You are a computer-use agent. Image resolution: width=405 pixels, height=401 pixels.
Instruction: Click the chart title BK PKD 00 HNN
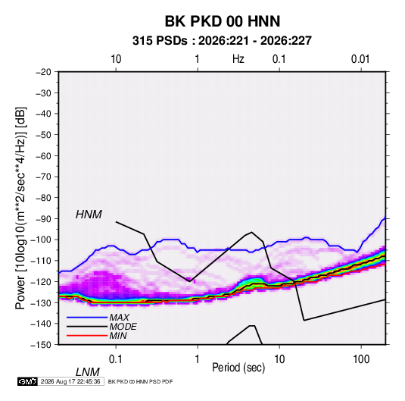223,21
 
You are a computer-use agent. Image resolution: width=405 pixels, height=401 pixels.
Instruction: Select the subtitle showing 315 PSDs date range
222,41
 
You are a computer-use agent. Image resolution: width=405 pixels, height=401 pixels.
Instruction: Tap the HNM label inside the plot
89,215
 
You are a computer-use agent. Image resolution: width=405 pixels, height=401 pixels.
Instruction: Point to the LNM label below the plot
88,372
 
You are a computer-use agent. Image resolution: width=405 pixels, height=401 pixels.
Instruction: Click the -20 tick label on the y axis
43,72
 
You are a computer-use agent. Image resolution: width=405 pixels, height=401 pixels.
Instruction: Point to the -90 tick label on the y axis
43,219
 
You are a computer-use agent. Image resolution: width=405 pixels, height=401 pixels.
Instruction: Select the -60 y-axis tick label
43,155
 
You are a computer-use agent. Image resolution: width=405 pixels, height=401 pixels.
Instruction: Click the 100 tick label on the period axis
361,359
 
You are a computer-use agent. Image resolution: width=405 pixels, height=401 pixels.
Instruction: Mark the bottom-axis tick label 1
198,359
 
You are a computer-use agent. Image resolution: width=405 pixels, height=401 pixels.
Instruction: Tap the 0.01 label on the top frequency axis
360,59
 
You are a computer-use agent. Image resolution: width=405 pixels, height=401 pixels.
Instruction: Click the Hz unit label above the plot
238,59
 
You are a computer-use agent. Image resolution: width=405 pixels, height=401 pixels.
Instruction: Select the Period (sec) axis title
238,368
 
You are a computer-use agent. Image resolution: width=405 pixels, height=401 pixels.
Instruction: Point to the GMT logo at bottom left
27,381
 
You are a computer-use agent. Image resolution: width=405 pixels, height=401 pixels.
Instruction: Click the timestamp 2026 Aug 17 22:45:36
70,381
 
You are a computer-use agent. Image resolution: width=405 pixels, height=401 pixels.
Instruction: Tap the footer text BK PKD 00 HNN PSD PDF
140,381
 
